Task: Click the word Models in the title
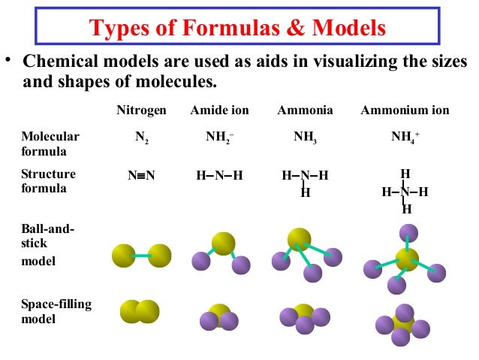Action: (x=348, y=28)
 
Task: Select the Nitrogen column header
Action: (x=141, y=110)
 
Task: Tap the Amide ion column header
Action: (x=219, y=110)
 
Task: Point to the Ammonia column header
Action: (x=305, y=110)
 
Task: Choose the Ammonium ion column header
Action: (x=405, y=110)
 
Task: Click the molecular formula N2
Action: (x=141, y=138)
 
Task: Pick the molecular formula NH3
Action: (x=304, y=138)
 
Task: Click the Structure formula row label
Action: (x=48, y=181)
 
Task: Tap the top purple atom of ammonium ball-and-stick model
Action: (x=408, y=232)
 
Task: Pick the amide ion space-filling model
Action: (x=218, y=318)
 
